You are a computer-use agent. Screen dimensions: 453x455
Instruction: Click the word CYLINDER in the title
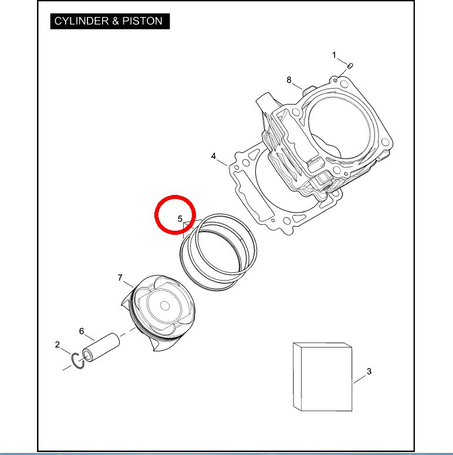tap(81, 21)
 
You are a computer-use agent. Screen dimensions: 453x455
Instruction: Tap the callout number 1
tap(334, 55)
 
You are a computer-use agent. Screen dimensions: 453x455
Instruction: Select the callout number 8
tap(289, 80)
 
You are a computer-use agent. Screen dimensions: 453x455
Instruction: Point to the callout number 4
tap(214, 156)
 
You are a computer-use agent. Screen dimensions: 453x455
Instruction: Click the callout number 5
tap(180, 219)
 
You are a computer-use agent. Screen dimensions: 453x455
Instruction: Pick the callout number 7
tap(120, 278)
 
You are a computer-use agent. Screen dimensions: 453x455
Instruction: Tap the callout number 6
tap(82, 331)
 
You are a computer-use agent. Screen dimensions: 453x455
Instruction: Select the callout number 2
tap(58, 345)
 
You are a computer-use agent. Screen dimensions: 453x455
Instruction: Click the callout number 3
tap(369, 371)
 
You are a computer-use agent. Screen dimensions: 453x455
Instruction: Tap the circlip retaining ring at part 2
tap(78, 361)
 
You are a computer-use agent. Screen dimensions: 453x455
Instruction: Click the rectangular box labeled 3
tap(323, 377)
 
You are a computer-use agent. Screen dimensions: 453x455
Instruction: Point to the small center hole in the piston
tap(165, 305)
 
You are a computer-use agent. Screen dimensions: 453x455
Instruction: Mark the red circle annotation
tap(175, 215)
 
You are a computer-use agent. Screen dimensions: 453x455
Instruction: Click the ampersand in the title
tap(116, 21)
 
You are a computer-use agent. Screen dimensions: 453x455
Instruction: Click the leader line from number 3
tap(360, 379)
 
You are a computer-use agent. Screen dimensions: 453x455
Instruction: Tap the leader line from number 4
tap(222, 162)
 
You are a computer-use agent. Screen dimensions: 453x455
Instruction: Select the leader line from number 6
tap(90, 338)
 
